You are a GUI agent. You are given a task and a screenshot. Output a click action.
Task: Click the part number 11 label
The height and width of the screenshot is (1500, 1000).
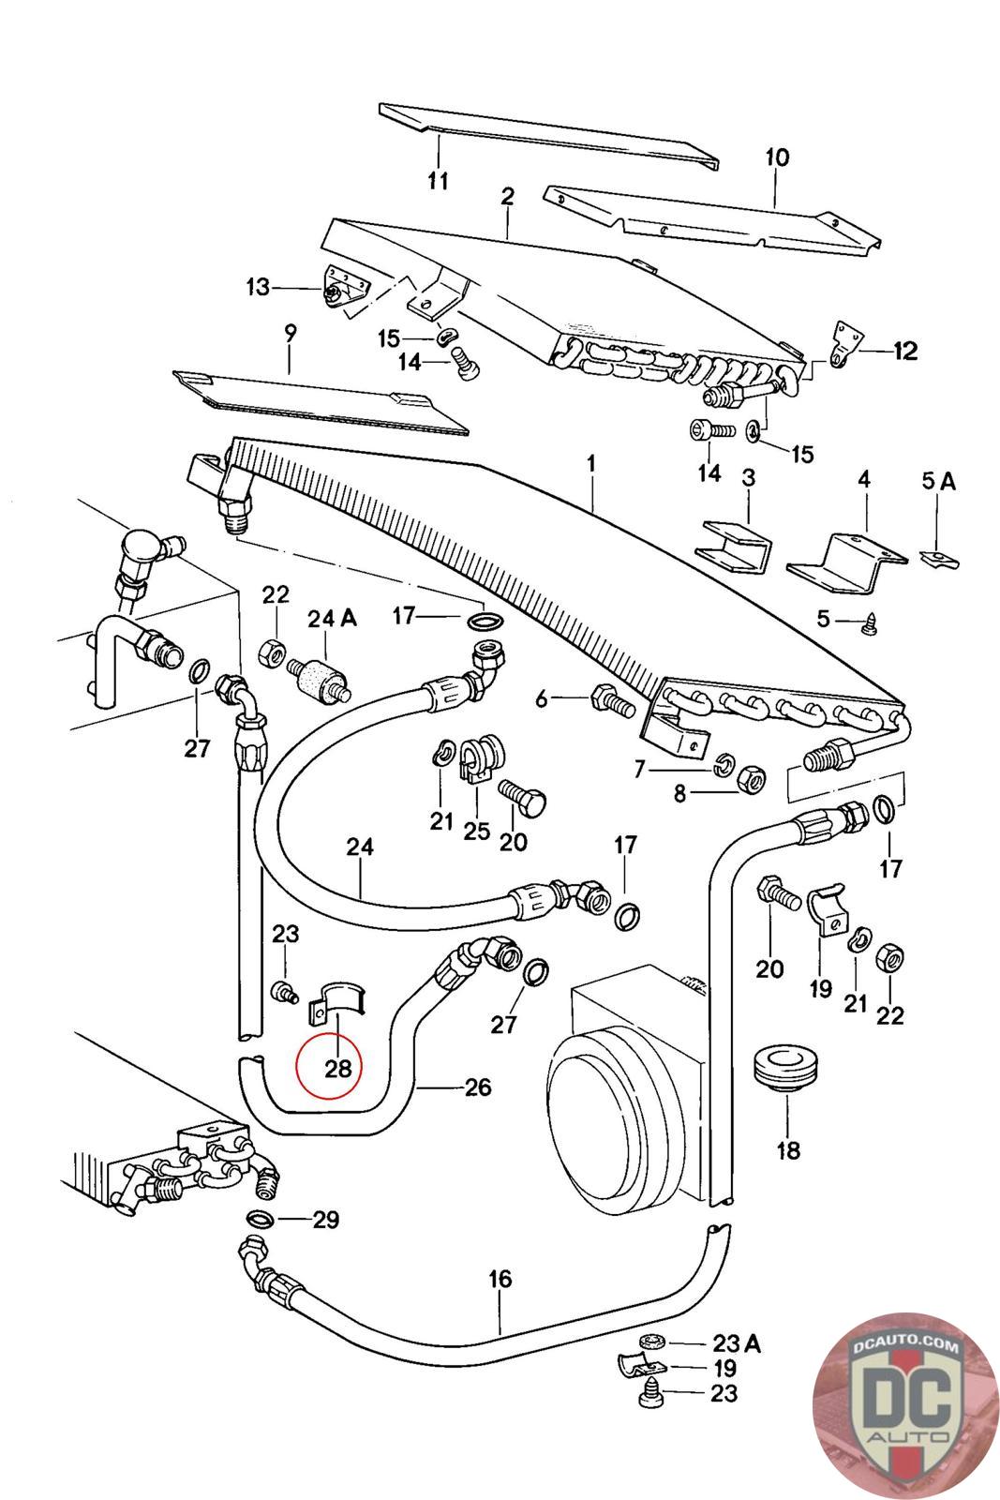pos(439,180)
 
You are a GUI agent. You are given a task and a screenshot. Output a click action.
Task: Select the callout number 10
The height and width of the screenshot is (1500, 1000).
pos(777,157)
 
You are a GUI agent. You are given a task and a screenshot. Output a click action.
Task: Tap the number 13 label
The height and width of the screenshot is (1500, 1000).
pos(258,287)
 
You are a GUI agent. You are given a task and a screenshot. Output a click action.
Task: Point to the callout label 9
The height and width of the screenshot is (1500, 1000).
pos(290,333)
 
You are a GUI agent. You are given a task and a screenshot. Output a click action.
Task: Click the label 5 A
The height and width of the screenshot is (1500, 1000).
pos(938,482)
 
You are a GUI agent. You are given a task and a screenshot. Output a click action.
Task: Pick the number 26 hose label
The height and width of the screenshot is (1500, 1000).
pos(477,1087)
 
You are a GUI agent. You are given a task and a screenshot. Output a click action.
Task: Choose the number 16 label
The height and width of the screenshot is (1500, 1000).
pos(500,1279)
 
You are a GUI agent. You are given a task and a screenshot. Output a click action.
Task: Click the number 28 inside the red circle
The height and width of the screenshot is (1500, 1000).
pos(337,1068)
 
